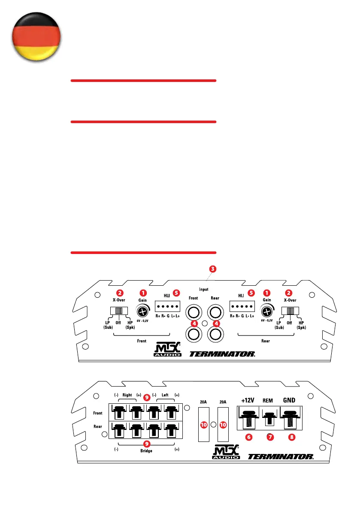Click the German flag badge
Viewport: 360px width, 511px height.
(x=35, y=38)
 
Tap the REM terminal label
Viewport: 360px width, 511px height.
(x=268, y=401)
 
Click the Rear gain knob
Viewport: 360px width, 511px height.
(x=267, y=311)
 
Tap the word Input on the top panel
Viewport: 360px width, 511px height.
(x=204, y=290)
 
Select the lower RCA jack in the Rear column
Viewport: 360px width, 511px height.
(x=215, y=333)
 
